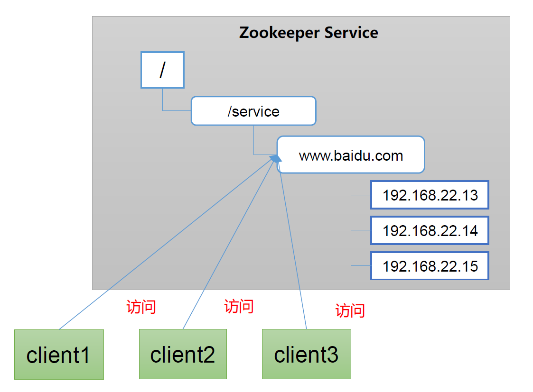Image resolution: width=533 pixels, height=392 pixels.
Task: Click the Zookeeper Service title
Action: [x=309, y=33]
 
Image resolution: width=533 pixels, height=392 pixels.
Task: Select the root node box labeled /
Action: [x=162, y=70]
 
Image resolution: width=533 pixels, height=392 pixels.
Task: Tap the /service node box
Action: [x=253, y=111]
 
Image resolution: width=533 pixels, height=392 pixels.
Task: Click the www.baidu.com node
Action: [x=351, y=155]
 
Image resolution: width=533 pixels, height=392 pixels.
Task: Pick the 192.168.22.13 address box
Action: [x=430, y=195]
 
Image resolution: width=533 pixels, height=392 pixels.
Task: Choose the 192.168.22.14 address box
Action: [x=430, y=231]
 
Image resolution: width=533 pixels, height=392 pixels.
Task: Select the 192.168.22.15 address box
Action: [x=430, y=266]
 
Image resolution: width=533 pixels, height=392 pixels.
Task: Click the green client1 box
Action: [x=59, y=355]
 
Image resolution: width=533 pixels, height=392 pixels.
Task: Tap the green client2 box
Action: [x=183, y=355]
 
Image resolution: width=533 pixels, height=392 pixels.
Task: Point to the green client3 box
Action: [x=307, y=355]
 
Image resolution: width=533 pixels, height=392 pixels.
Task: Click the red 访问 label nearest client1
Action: [x=141, y=307]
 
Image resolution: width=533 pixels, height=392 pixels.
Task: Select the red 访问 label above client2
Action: [x=239, y=306]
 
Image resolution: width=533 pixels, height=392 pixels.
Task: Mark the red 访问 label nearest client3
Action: [x=350, y=311]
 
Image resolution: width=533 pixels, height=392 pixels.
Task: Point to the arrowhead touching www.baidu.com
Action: [x=274, y=158]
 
